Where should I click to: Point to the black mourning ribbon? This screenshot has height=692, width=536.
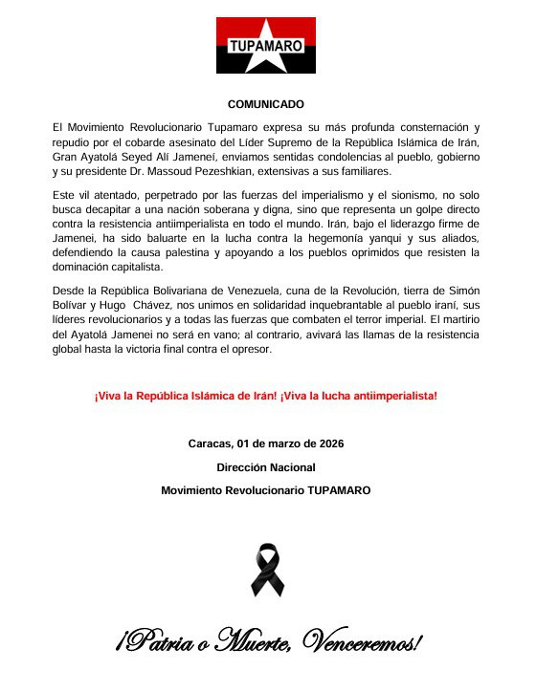click(267, 569)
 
